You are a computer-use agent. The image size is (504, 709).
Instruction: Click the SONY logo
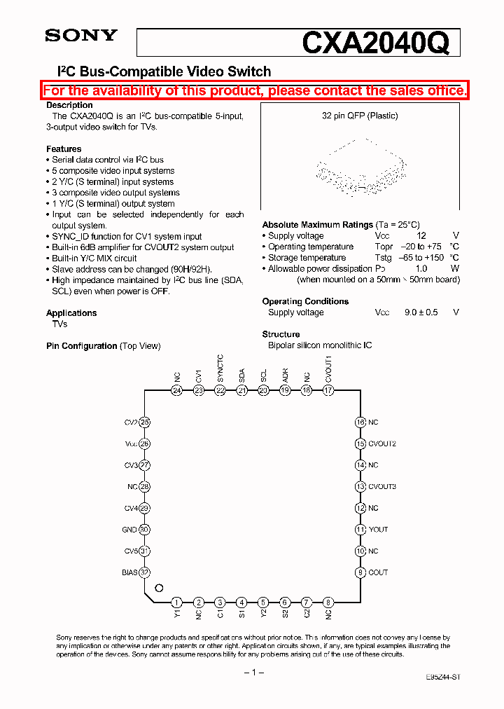(x=81, y=36)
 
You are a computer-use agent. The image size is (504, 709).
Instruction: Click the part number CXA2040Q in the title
(x=374, y=43)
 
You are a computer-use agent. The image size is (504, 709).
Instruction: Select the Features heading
(x=64, y=149)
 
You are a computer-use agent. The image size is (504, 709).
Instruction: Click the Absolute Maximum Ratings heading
(x=317, y=225)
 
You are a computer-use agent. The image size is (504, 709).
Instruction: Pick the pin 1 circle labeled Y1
(x=177, y=602)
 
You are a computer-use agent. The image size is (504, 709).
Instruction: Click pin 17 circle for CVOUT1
(x=328, y=390)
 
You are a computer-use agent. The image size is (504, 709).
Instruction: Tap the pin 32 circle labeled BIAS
(x=145, y=572)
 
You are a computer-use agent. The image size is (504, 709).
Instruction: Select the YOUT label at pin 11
(x=378, y=530)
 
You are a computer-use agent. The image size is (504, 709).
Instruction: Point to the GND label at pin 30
(x=129, y=530)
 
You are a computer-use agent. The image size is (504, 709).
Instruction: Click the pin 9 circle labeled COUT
(x=360, y=572)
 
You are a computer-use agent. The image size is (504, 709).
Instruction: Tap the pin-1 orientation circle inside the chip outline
(x=159, y=588)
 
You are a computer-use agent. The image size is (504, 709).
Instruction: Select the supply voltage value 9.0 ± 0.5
(x=421, y=312)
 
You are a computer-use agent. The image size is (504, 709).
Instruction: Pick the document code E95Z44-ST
(x=442, y=678)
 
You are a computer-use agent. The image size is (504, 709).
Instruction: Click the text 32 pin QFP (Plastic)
(x=360, y=116)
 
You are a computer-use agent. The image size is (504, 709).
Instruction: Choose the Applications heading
(x=71, y=313)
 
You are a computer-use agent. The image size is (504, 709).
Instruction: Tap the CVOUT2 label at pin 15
(x=382, y=443)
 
